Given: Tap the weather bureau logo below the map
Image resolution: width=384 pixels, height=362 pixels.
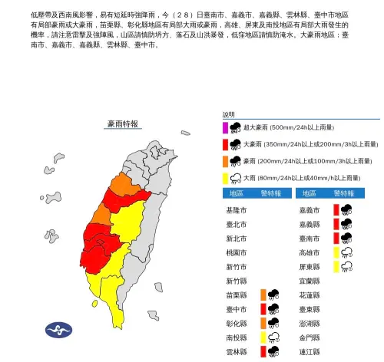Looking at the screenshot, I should [x=58, y=329].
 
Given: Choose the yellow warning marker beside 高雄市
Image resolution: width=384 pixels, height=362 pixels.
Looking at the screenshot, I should [x=336, y=252].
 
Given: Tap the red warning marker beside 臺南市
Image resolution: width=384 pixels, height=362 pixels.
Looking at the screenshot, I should [x=336, y=238].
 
